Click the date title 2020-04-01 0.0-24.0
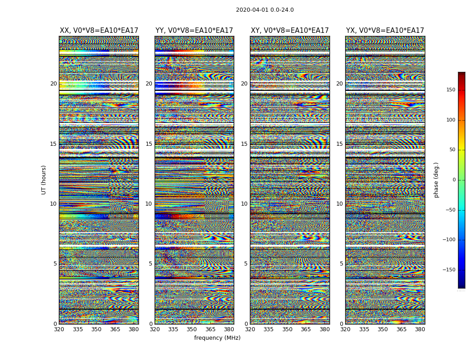pyautogui.click(x=265, y=10)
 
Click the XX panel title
pyautogui.click(x=99, y=31)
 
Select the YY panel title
pyautogui.click(x=194, y=31)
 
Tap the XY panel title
pyautogui.click(x=289, y=31)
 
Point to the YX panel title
pyautogui.click(x=385, y=31)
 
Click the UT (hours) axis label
pyautogui.click(x=44, y=180)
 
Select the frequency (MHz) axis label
pyautogui.click(x=217, y=338)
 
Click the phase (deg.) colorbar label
pyautogui.click(x=436, y=180)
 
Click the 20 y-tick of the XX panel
pyautogui.click(x=53, y=84)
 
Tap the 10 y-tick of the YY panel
pyautogui.click(x=149, y=204)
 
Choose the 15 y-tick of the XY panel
pyautogui.click(x=244, y=144)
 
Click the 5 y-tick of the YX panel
pyautogui.click(x=341, y=264)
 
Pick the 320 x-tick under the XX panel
pyautogui.click(x=59, y=329)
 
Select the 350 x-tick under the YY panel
pyautogui.click(x=192, y=329)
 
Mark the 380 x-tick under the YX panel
pyautogui.click(x=420, y=329)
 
